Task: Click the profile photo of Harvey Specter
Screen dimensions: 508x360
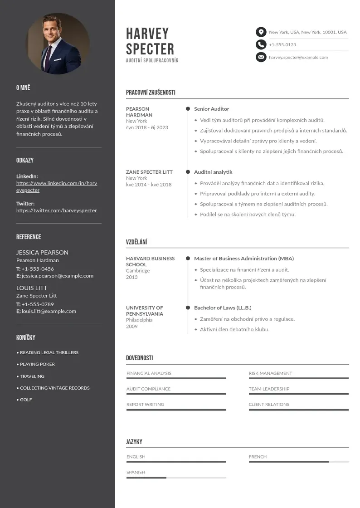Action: point(58,44)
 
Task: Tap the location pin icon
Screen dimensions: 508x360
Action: point(261,32)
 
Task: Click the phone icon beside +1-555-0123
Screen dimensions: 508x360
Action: point(261,44)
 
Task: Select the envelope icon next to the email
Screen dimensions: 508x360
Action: point(261,57)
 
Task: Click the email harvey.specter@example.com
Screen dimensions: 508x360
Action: point(298,58)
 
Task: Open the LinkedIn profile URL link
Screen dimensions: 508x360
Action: point(57,187)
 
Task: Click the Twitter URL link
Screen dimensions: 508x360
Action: point(57,210)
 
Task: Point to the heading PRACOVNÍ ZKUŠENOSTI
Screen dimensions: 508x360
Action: point(151,93)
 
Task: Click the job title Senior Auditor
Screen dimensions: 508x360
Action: point(211,109)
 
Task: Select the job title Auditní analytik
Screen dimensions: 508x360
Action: point(213,172)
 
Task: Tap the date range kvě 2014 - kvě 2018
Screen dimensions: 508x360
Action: point(149,185)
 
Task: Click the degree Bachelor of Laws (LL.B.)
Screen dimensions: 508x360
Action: point(223,308)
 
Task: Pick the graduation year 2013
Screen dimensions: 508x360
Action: point(131,277)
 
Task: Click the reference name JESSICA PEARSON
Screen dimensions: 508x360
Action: point(42,252)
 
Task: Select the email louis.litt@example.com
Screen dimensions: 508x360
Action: point(49,311)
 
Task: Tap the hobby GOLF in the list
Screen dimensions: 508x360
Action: point(26,400)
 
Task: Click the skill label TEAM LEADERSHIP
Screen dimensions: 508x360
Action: point(269,389)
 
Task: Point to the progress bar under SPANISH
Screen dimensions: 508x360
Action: point(176,478)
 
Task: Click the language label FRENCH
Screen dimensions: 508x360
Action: point(258,457)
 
